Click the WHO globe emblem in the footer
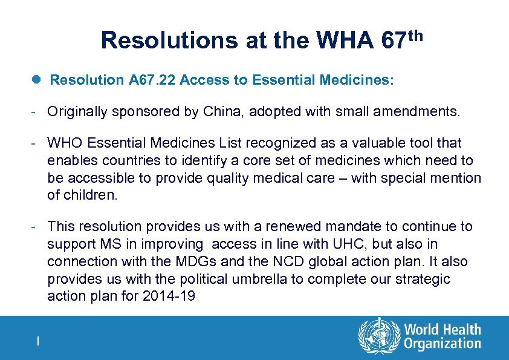click(379, 336)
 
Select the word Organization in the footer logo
click(443, 344)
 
